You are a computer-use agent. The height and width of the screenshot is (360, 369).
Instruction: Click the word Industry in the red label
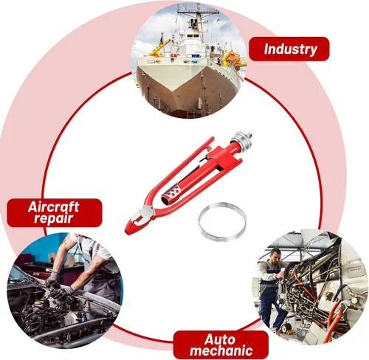pyautogui.click(x=290, y=49)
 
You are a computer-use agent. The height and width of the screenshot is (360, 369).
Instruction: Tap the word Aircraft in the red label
pyautogui.click(x=53, y=207)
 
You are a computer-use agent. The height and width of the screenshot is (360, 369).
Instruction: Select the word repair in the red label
pyautogui.click(x=54, y=218)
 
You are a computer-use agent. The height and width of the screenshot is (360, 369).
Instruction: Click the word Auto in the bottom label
pyautogui.click(x=219, y=339)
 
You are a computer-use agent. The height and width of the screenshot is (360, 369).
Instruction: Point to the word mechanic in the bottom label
pyautogui.click(x=221, y=350)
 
